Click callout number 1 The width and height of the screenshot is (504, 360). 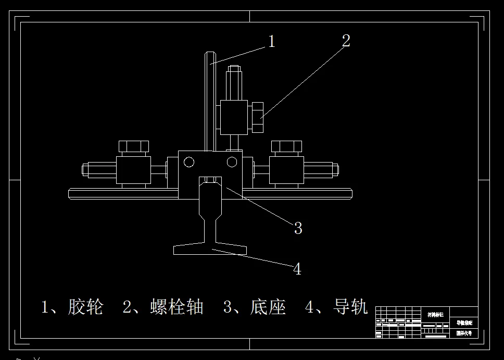(x=271, y=41)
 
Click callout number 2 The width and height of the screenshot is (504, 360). (x=346, y=41)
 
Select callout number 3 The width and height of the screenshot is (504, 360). (x=298, y=228)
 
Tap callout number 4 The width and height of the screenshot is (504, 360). (x=297, y=269)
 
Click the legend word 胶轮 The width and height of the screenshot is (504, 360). (x=86, y=307)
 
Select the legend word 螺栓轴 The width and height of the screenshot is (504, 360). (x=177, y=307)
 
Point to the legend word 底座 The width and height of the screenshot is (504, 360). (x=268, y=307)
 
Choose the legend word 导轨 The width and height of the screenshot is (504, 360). (x=350, y=307)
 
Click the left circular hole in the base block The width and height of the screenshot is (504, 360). (x=189, y=162)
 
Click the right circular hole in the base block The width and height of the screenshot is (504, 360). (x=232, y=162)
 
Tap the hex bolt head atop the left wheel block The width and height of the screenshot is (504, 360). (x=134, y=146)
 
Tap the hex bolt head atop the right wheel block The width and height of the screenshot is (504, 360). (x=286, y=146)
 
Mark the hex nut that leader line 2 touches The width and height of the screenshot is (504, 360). (x=257, y=118)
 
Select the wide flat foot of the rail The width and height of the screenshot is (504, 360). (x=211, y=250)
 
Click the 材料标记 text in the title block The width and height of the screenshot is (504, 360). (x=435, y=315)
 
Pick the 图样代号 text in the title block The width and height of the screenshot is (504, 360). (x=464, y=333)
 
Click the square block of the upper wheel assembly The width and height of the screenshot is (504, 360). (x=234, y=117)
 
